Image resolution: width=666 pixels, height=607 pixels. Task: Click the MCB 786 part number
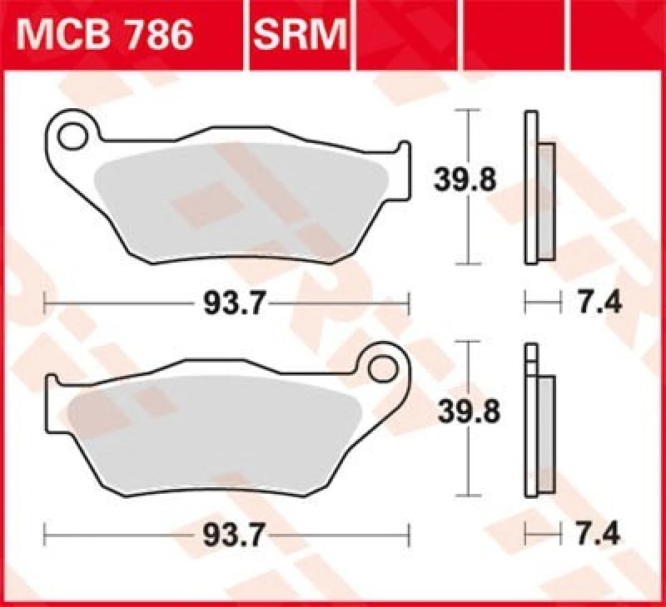pos(107,35)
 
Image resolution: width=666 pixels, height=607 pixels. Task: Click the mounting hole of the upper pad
pos(75,133)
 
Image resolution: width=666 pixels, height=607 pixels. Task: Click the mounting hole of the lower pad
pos(384,365)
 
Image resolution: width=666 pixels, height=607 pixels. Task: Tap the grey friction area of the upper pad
pos(241,200)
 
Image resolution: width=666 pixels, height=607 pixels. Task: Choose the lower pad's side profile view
pos(537,420)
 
